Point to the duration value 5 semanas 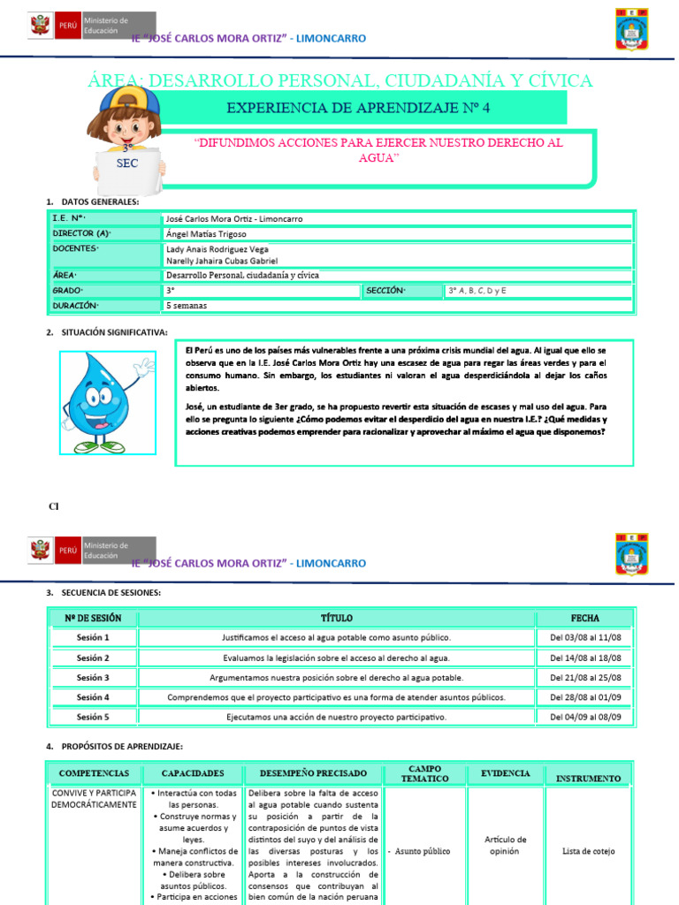click(x=186, y=305)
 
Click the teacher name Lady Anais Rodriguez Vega click(x=217, y=249)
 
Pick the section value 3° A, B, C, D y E click(x=481, y=290)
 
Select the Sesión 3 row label click(x=93, y=678)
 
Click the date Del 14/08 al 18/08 click(x=584, y=658)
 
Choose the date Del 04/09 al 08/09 click(x=584, y=717)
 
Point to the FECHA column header click(x=584, y=618)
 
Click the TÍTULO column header click(x=336, y=618)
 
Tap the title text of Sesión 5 click(x=336, y=717)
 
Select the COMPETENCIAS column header click(x=94, y=773)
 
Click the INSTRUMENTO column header click(x=588, y=778)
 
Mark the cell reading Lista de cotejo click(x=588, y=851)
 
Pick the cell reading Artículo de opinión click(x=506, y=845)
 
